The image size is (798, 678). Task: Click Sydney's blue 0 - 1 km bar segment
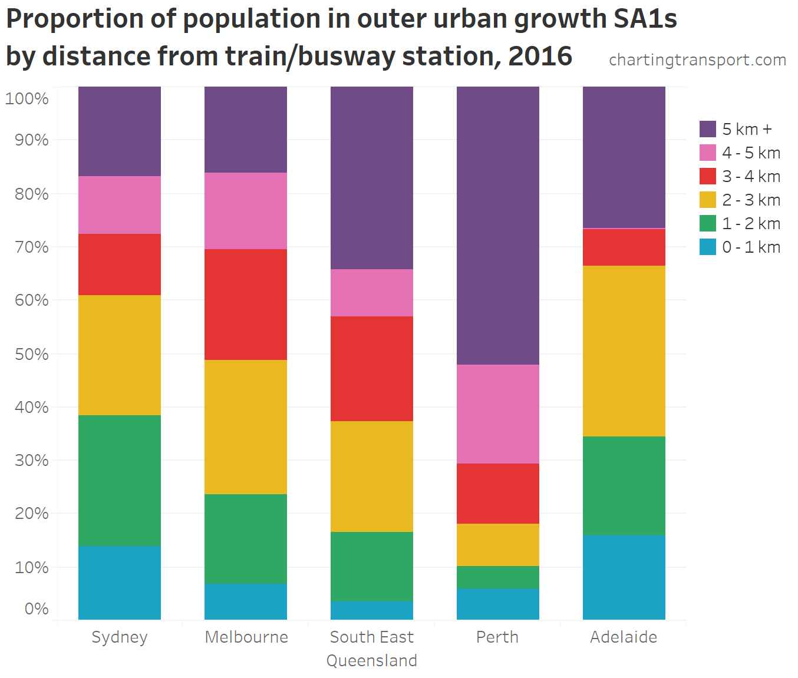pos(120,583)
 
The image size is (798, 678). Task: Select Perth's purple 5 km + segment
pos(498,226)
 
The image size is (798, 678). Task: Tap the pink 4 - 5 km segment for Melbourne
pos(246,211)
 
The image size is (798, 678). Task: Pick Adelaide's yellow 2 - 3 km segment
pos(624,351)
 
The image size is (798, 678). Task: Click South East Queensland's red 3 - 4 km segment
pos(372,369)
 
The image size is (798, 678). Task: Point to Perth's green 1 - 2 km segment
pos(498,577)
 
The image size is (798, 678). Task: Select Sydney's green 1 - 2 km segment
pos(120,481)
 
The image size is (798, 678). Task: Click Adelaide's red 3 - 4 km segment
pos(624,247)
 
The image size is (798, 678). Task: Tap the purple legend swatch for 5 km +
pos(708,129)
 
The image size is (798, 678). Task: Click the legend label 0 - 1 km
pos(751,247)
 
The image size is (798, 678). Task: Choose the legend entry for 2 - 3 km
pos(751,200)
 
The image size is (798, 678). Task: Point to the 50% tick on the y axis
pos(32,354)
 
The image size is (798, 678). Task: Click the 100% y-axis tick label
pos(27,98)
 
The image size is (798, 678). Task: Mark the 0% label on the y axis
pos(37,608)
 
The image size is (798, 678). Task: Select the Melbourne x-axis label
pos(246,637)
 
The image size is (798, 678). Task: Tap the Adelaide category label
pos(624,637)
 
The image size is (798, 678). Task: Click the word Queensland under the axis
pos(372,660)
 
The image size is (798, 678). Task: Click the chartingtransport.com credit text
pos(697,60)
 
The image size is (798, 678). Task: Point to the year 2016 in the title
pos(540,57)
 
